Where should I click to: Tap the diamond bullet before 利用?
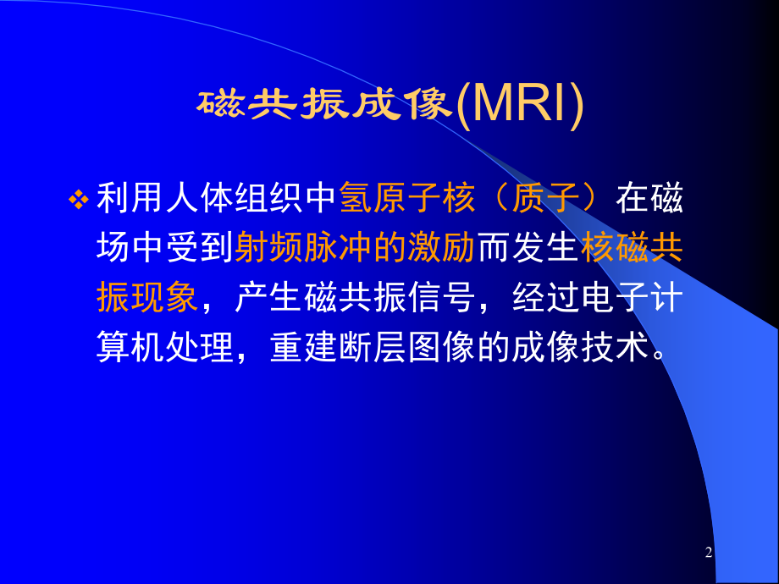[x=79, y=200]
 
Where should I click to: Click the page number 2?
[x=709, y=552]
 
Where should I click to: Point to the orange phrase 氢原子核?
[x=407, y=198]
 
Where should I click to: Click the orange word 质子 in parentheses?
[x=545, y=198]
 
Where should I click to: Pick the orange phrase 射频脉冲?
[x=303, y=247]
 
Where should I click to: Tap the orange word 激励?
[x=441, y=247]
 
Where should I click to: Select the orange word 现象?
[x=166, y=297]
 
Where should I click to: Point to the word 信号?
[x=441, y=297]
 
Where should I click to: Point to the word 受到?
[x=201, y=247]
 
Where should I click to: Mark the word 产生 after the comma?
[x=268, y=297]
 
